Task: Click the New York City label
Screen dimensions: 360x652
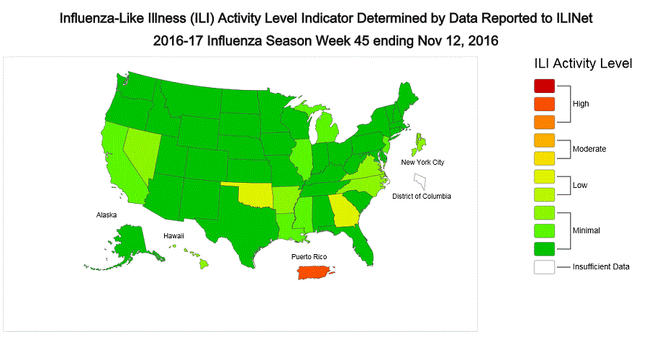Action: click(422, 163)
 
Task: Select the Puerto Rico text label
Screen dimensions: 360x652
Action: click(310, 256)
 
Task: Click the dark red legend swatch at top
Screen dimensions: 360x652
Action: click(545, 86)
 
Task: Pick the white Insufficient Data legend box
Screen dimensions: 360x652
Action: click(545, 266)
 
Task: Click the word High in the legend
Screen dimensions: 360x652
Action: click(581, 104)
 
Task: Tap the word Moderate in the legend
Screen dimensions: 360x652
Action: click(589, 149)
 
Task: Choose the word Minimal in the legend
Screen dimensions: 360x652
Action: click(587, 230)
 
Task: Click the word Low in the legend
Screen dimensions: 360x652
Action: click(580, 185)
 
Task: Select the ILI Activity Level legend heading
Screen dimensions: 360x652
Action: click(583, 63)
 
